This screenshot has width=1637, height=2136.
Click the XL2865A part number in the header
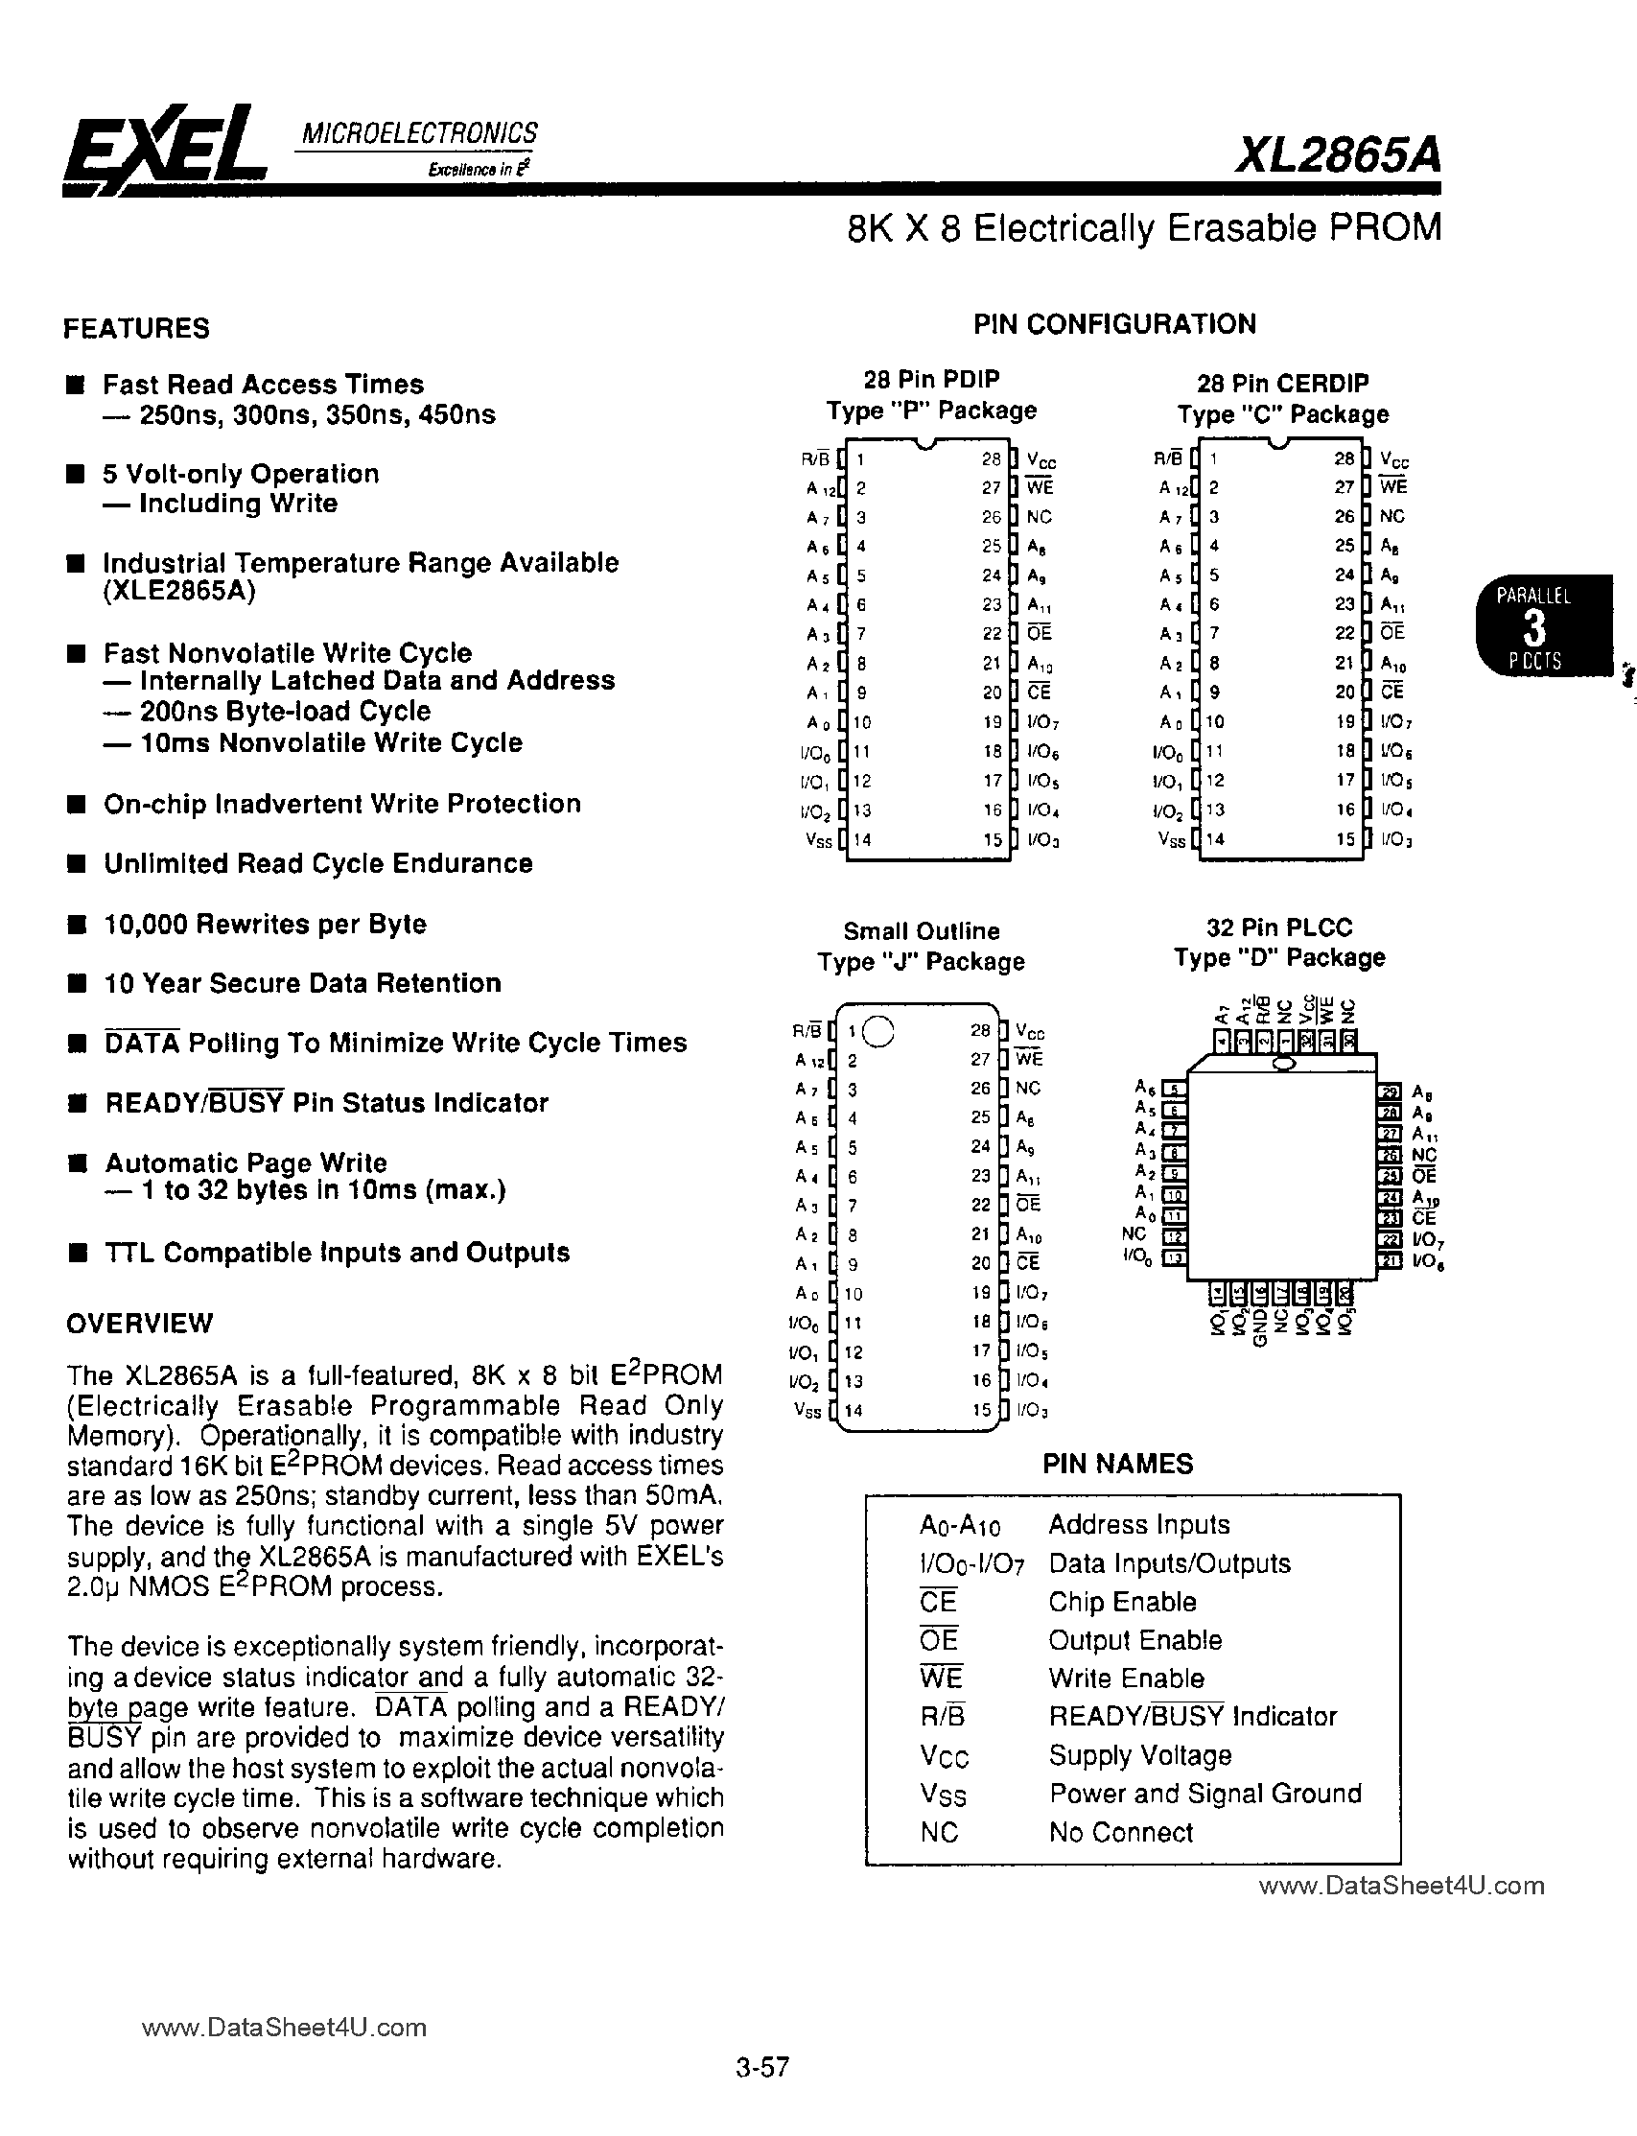coord(1337,154)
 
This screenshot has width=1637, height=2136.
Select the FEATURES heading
coord(136,328)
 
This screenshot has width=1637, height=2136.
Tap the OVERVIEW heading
coord(139,1324)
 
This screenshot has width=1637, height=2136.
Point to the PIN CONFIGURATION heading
coord(1114,324)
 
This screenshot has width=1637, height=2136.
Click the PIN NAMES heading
coord(1117,1464)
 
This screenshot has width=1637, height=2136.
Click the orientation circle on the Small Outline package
coord(878,1031)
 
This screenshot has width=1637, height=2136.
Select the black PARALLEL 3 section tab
coord(1533,627)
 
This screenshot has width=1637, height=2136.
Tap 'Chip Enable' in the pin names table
coord(1121,1602)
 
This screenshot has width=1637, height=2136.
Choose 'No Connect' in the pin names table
coord(1120,1833)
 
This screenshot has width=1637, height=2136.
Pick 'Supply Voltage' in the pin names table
coord(1140,1755)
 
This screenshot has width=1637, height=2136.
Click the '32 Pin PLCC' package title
coord(1279,927)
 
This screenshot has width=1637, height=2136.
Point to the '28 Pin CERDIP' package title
coord(1282,383)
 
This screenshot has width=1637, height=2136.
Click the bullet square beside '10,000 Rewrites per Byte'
coord(77,925)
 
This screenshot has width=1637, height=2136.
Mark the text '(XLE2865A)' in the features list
coord(179,593)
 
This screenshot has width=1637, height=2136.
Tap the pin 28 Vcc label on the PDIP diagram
coord(1041,461)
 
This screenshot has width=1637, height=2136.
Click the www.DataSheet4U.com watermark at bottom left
coord(284,2028)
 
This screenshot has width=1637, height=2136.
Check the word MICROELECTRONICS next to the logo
coord(419,133)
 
